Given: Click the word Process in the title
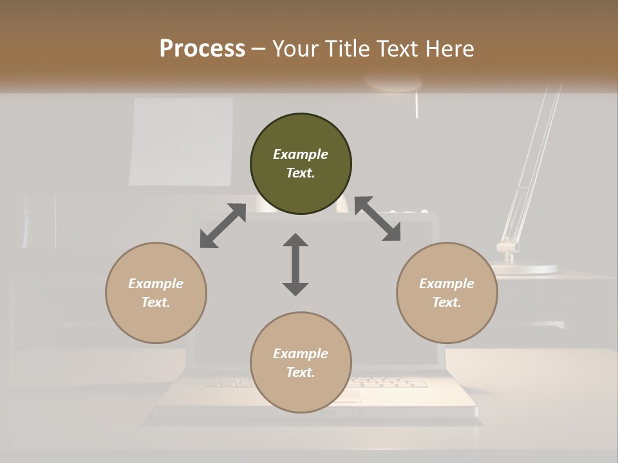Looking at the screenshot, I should click(202, 48).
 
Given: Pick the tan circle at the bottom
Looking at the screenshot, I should click(301, 392).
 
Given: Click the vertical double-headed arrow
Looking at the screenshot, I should click(295, 265).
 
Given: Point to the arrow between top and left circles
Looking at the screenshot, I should click(223, 226).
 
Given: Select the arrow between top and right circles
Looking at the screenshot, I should click(378, 219).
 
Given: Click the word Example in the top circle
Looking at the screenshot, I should click(301, 154).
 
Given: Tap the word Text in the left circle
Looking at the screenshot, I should click(155, 302).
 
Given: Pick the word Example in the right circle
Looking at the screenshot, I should click(447, 284).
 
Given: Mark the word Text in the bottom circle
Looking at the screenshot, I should click(300, 372).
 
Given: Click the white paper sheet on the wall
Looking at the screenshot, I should click(181, 141).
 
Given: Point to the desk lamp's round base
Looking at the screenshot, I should click(525, 269).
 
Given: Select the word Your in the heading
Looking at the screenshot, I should click(294, 48).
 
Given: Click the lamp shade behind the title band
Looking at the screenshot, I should click(393, 82).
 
